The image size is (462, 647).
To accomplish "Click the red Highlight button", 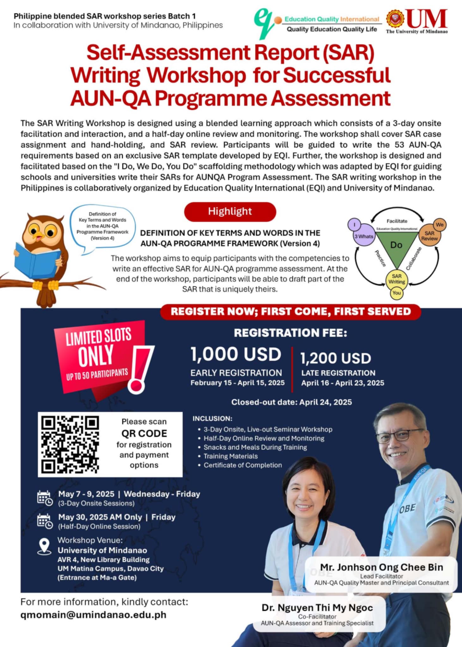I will (230, 211).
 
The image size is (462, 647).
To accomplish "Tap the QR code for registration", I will (70, 444).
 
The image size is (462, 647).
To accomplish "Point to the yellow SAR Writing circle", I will (397, 279).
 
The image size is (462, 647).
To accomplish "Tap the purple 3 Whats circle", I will (364, 236).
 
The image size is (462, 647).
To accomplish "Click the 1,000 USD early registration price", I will (236, 354).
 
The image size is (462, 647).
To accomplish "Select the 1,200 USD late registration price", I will (336, 358).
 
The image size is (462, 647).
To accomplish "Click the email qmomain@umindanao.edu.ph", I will (93, 615).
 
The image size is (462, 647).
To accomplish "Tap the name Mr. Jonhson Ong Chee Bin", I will (381, 567).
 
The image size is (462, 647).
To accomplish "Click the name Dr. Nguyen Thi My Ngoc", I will (317, 608).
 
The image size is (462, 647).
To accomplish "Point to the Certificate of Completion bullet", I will (242, 465).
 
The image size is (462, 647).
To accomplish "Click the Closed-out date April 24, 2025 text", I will (291, 402).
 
